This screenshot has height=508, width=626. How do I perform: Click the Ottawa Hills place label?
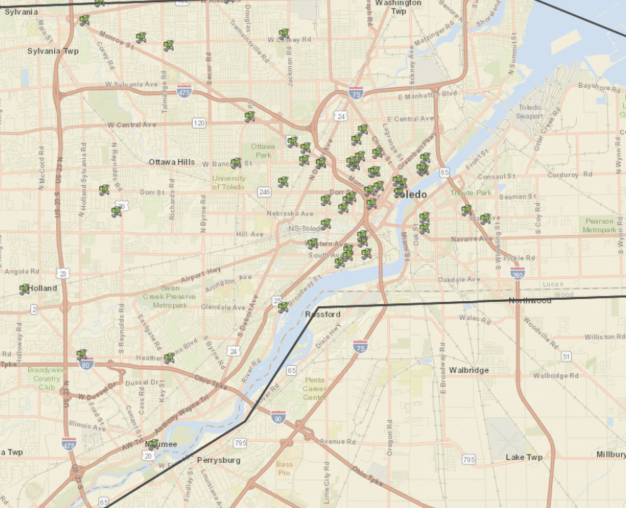click(x=172, y=162)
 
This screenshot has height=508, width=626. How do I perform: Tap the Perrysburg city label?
click(x=218, y=460)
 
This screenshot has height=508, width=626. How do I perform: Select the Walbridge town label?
click(x=469, y=370)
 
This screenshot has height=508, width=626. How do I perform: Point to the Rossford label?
click(x=324, y=314)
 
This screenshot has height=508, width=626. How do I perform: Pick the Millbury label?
click(x=611, y=455)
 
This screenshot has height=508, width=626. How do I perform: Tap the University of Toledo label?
click(x=229, y=182)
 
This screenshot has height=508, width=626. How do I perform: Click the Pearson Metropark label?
click(x=600, y=225)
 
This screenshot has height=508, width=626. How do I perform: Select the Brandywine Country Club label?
click(x=44, y=379)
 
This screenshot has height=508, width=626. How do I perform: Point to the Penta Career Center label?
click(x=314, y=388)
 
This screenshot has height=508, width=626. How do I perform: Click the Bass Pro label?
click(x=285, y=468)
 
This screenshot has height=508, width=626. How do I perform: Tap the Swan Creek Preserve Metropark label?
click(x=170, y=296)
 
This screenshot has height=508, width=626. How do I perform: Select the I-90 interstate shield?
click(x=279, y=417)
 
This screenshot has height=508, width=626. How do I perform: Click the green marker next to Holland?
click(x=25, y=288)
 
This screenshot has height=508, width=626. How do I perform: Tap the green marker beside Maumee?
click(x=153, y=444)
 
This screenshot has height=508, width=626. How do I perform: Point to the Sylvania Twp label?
click(x=50, y=51)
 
